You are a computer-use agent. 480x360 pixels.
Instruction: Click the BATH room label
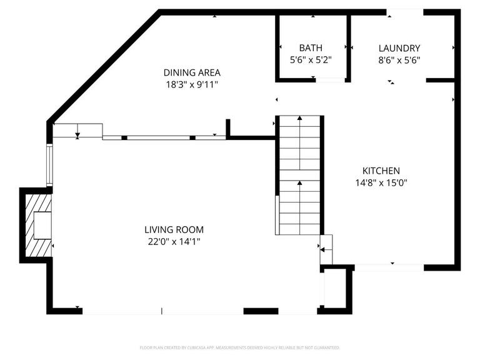click(x=311, y=48)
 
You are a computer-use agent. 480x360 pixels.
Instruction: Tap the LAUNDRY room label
click(x=399, y=48)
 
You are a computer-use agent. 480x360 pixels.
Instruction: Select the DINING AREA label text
click(x=192, y=72)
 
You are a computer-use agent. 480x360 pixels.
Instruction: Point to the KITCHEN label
click(x=381, y=171)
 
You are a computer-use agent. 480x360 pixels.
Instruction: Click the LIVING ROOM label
click(x=174, y=229)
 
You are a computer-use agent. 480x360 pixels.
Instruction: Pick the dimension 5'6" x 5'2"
click(x=311, y=60)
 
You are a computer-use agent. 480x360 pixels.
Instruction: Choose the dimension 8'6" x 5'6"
click(x=399, y=60)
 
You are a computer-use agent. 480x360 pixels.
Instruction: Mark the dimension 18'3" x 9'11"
click(x=192, y=84)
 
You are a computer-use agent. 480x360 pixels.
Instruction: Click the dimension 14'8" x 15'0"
click(x=381, y=183)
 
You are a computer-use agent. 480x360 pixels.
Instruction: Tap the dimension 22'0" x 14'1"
click(x=174, y=241)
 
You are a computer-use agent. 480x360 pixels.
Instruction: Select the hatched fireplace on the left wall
click(x=37, y=225)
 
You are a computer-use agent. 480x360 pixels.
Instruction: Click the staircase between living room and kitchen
click(x=300, y=175)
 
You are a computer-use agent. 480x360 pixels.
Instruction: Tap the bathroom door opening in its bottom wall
click(x=330, y=79)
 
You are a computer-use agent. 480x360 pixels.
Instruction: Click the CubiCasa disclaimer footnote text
click(x=240, y=347)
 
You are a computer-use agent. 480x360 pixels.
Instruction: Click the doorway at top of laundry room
click(x=405, y=11)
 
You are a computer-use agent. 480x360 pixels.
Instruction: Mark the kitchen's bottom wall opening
click(x=389, y=267)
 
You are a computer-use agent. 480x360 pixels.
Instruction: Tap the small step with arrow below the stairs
click(x=326, y=249)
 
